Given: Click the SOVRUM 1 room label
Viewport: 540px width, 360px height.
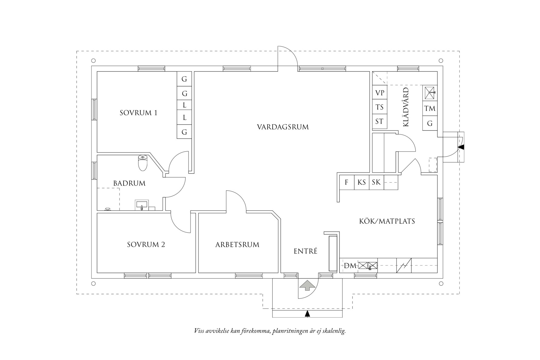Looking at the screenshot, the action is coord(138,113).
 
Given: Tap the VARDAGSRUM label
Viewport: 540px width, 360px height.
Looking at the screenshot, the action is coord(283,127).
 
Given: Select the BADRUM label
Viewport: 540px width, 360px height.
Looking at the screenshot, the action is coord(129,183).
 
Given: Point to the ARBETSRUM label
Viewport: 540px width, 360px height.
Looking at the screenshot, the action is coord(237,244).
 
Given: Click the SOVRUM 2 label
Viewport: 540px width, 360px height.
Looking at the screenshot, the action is coord(146,244).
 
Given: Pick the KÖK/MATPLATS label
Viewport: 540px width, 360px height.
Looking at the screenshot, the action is coord(387,221).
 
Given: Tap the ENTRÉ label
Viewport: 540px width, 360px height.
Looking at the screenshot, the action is coord(305,251).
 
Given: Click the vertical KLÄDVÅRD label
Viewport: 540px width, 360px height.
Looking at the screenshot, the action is coord(406,107).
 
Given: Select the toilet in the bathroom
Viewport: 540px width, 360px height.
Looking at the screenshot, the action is coord(143,163).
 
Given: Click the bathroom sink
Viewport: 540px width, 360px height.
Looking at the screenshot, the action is coord(142,205).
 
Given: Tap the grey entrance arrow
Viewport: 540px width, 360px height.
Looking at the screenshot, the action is coord(308,285).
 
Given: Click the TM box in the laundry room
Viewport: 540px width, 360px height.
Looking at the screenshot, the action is coord(430,108).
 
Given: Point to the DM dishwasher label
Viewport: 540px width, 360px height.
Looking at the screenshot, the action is coord(350,266).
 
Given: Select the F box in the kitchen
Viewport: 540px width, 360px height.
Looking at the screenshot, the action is coord(347,182).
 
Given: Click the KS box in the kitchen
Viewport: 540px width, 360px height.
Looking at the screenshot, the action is coord(362,182).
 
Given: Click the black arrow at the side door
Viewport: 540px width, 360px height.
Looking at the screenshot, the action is coord(461,147).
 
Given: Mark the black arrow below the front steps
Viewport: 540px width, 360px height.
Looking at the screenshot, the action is coord(308,314).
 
